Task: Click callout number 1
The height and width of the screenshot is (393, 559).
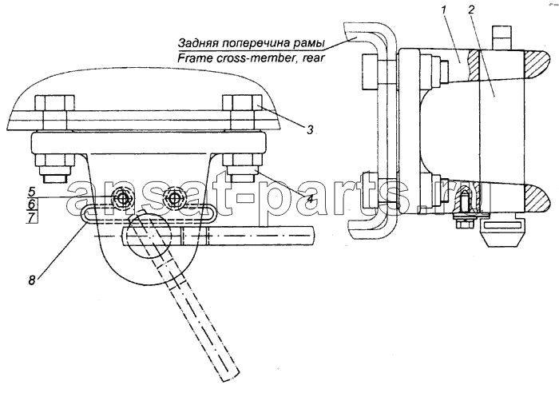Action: [x=444, y=10]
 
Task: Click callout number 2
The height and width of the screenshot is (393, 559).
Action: [x=471, y=10]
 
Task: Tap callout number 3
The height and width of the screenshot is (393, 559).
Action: [x=310, y=130]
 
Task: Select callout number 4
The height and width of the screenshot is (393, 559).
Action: [x=310, y=199]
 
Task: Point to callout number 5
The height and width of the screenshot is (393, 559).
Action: [x=32, y=192]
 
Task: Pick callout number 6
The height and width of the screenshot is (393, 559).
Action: [x=32, y=204]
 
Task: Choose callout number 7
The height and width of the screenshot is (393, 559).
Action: [x=32, y=216]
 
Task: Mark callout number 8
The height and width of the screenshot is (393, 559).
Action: [x=32, y=280]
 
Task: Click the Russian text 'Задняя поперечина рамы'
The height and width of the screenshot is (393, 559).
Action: [x=252, y=43]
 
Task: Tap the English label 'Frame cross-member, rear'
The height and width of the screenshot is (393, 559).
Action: [x=252, y=58]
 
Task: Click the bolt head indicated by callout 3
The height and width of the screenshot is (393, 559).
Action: [x=243, y=103]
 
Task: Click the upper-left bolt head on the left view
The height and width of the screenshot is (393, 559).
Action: [x=55, y=103]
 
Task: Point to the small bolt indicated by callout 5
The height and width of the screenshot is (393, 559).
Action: [x=122, y=199]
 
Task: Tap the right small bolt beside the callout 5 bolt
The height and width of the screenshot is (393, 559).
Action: [x=174, y=199]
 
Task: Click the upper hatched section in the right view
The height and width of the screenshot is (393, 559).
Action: [x=474, y=65]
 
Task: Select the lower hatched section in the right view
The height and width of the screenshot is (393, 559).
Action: [x=538, y=197]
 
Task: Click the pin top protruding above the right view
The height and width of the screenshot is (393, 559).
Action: [x=502, y=37]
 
